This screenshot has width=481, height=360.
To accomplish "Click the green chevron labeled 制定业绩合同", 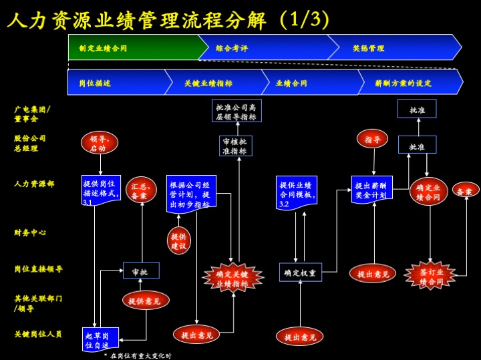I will click(134, 48).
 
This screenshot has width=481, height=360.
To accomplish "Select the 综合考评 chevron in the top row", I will click(267, 48).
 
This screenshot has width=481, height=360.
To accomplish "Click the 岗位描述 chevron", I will click(115, 83).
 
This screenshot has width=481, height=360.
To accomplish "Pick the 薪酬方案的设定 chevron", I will click(408, 83).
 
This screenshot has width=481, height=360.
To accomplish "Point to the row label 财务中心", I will click(30, 232).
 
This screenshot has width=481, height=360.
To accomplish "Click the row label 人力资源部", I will click(34, 183).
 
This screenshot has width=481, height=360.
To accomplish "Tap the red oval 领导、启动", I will click(98, 143).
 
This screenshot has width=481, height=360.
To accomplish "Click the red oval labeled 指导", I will click(373, 140).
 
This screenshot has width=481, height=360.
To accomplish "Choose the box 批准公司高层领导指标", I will click(236, 111).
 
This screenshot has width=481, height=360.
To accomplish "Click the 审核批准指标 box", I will click(236, 146).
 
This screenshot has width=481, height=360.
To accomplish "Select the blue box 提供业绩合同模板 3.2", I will click(296, 192).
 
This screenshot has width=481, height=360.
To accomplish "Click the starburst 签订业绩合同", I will click(430, 276).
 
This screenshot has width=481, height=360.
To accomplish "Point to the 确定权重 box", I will click(300, 273).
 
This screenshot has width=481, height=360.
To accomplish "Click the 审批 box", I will click(140, 271).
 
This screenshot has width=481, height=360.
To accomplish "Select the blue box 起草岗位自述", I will click(101, 339).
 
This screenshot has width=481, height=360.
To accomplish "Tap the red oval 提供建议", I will click(178, 241).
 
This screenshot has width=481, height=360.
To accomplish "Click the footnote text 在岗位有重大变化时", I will click(140, 355).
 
